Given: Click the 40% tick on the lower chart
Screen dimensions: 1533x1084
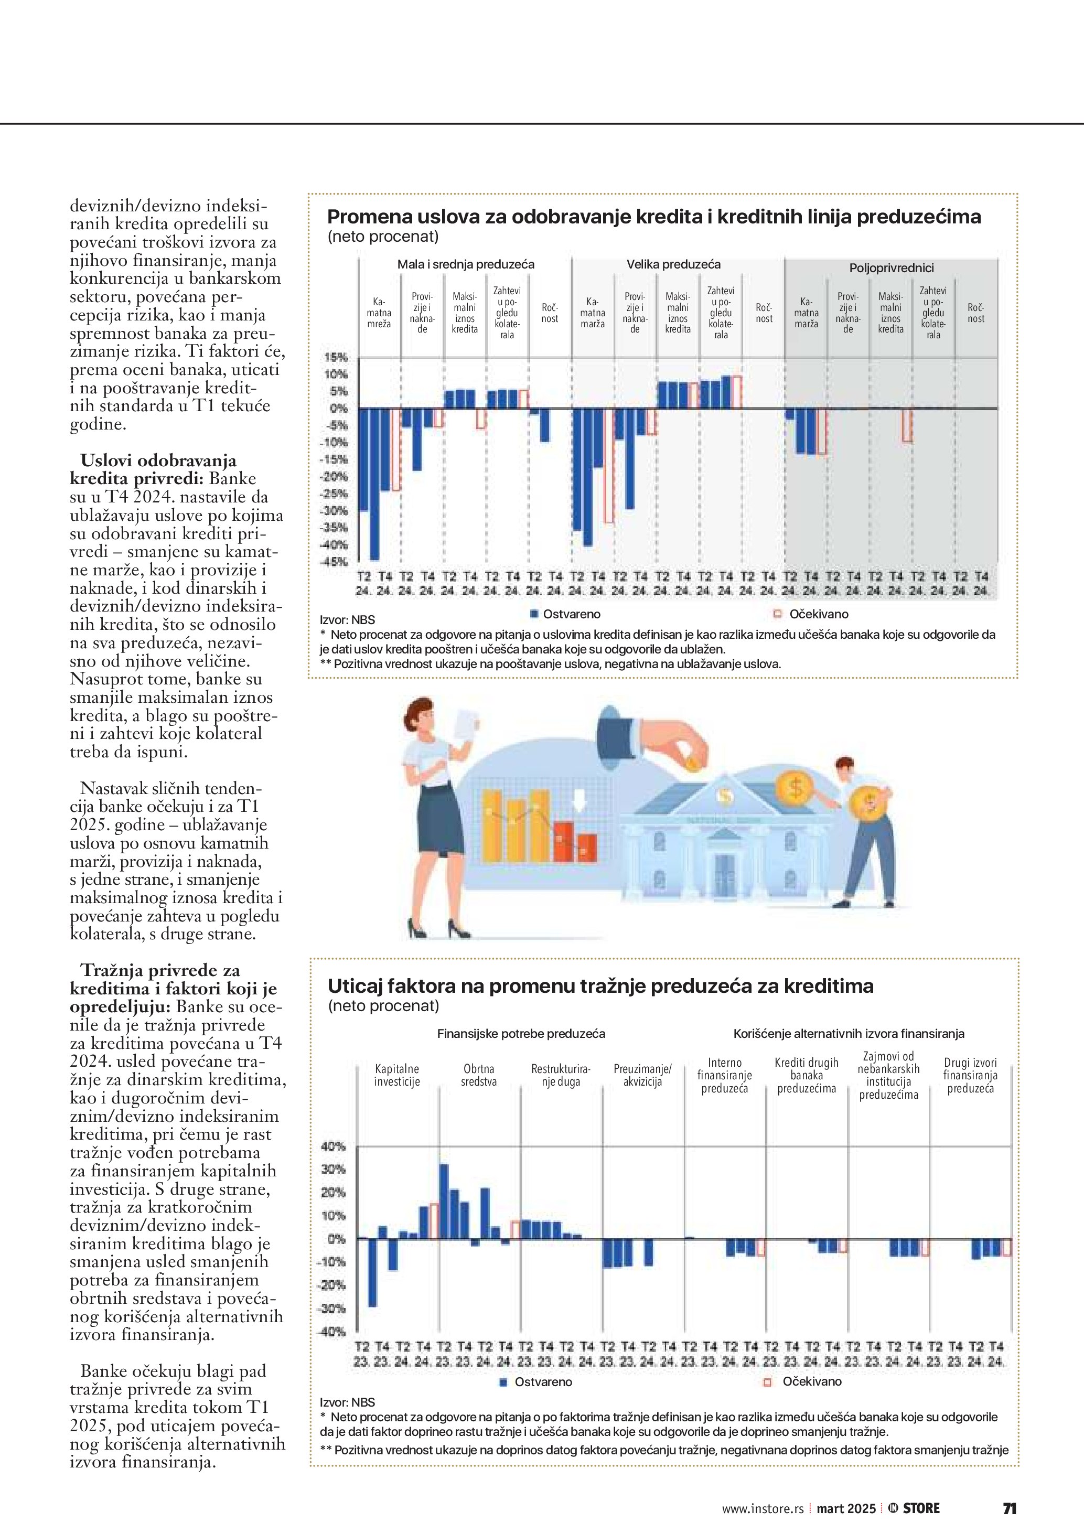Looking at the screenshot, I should tap(333, 1146).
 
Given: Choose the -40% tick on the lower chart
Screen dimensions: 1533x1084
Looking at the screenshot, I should tap(333, 1332).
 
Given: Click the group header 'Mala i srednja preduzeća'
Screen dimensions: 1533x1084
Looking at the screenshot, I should tap(465, 264).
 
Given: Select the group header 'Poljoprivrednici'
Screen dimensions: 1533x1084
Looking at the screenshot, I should tap(891, 269).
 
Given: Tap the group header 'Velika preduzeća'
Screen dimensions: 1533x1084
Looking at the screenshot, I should tap(673, 264).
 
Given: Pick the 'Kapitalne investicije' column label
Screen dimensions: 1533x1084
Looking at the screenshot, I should tap(396, 1075).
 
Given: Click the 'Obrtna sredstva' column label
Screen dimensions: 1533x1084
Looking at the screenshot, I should tap(479, 1075).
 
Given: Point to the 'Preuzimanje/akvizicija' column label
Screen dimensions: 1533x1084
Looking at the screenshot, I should tap(642, 1075).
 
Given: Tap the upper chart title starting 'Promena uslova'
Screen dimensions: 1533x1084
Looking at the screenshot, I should tap(654, 217).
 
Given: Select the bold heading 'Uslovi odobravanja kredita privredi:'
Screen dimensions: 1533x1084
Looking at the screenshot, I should tap(158, 469).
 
